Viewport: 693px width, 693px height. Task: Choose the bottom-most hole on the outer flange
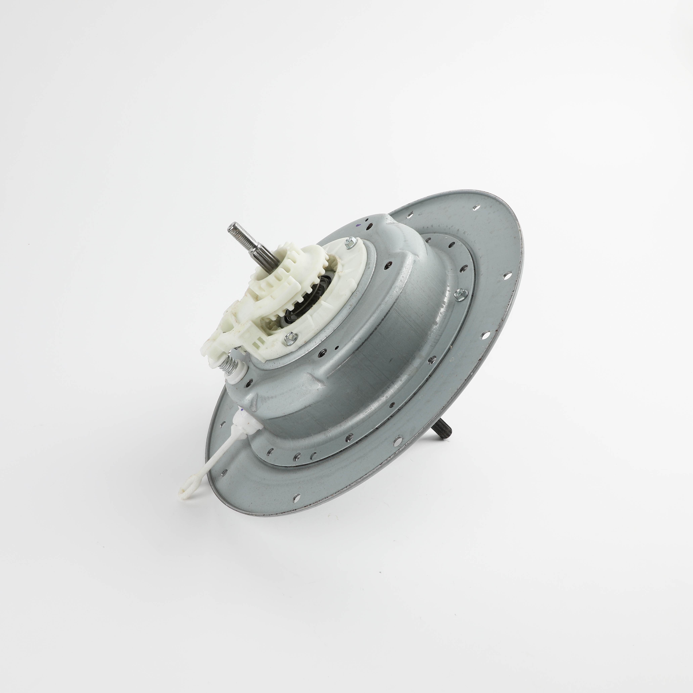(296, 498)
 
